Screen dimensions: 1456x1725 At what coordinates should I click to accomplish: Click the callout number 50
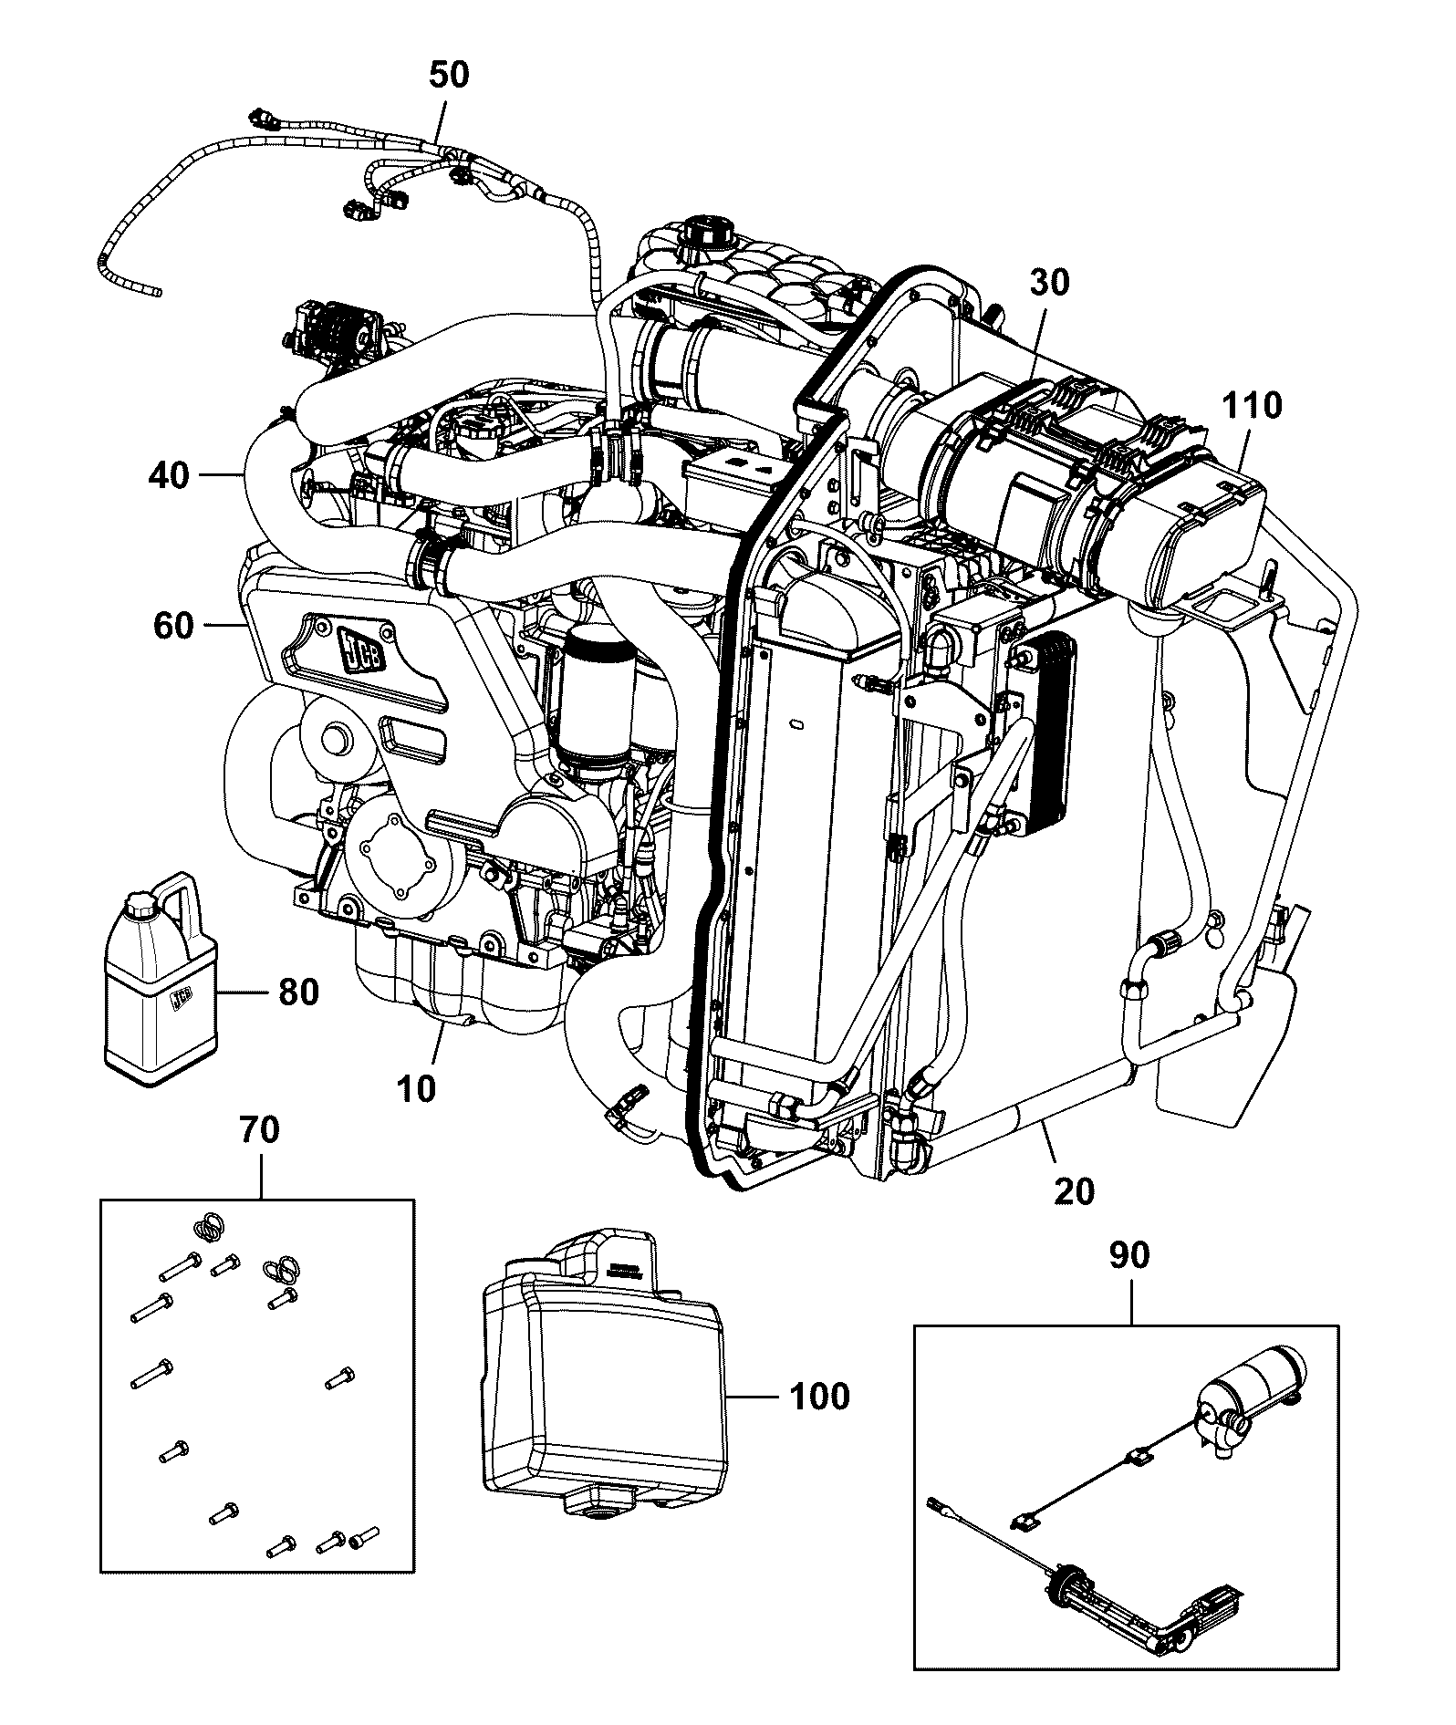pos(449,75)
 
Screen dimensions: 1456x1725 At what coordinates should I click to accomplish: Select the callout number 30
pos(1049,283)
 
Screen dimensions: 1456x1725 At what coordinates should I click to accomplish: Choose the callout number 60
pos(173,626)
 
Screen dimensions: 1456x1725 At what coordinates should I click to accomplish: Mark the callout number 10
pos(418,1088)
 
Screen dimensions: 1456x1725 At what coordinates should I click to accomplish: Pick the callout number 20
pos(1073,1190)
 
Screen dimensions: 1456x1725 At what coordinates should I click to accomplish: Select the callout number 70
pos(259,1131)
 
